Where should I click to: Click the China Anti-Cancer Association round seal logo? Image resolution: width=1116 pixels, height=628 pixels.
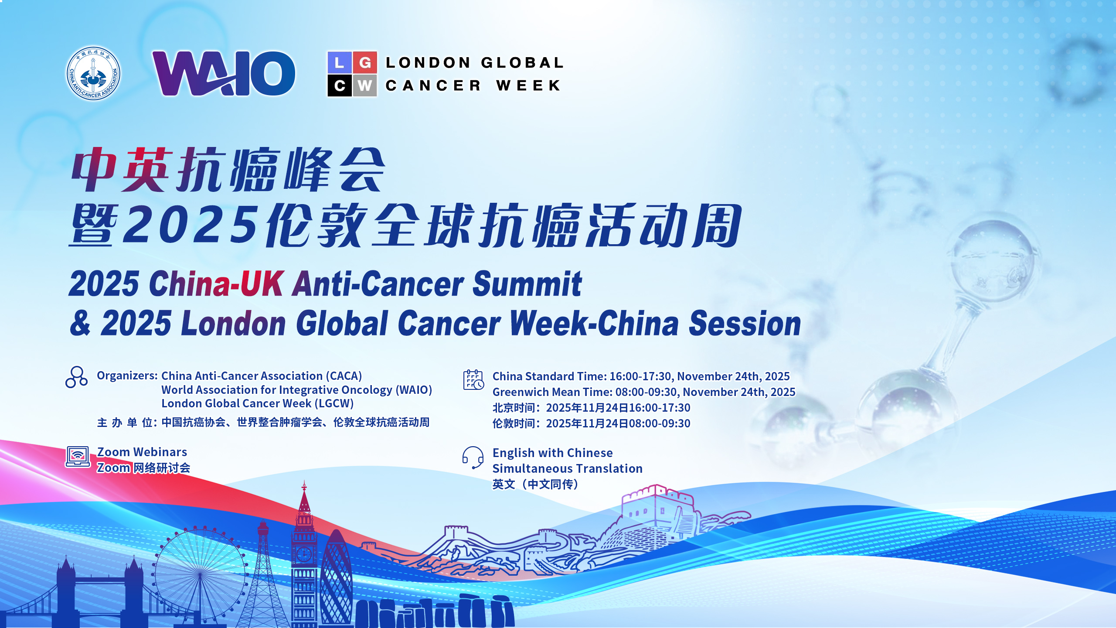point(93,73)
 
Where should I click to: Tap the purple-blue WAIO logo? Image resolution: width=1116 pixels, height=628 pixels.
point(224,73)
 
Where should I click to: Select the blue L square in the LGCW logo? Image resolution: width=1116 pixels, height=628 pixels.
point(340,63)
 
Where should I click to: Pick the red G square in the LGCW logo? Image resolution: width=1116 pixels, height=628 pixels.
point(365,63)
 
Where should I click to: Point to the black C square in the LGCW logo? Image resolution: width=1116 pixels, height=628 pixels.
point(340,86)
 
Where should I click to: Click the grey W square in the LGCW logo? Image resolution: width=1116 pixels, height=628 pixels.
point(365,86)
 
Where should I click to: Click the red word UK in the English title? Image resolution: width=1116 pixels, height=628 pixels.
point(262,284)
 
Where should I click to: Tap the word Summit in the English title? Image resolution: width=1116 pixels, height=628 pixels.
point(527,284)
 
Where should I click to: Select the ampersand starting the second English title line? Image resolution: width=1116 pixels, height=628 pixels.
point(80,323)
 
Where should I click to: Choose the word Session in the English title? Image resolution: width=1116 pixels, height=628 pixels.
point(745,323)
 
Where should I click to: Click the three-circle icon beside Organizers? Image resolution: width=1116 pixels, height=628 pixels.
point(77,377)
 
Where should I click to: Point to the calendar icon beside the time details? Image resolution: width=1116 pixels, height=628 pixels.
point(473,380)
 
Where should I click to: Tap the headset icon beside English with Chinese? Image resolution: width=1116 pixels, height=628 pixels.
point(473,457)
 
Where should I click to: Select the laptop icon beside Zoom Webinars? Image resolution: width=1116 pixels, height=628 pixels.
point(78,457)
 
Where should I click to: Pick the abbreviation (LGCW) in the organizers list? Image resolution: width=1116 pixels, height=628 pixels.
point(334,403)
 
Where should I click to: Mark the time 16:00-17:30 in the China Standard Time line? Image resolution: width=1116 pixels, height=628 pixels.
point(640,376)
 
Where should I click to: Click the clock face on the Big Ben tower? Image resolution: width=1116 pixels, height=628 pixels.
point(304,554)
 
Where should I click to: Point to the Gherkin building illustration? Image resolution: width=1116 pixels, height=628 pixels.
point(336,578)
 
